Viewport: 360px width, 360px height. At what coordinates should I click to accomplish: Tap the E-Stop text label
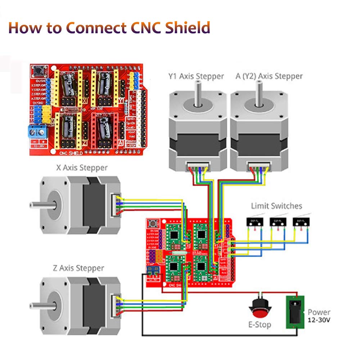pos(260,325)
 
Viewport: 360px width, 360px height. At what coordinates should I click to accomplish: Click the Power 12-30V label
pos(319,316)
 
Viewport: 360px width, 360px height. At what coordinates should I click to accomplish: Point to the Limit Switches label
pos(276,206)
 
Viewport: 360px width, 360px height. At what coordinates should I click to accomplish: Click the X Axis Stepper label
pos(82,168)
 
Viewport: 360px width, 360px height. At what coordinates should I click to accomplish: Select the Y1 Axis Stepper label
pos(196,76)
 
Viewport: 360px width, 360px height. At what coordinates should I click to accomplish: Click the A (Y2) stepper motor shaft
pos(258,94)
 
